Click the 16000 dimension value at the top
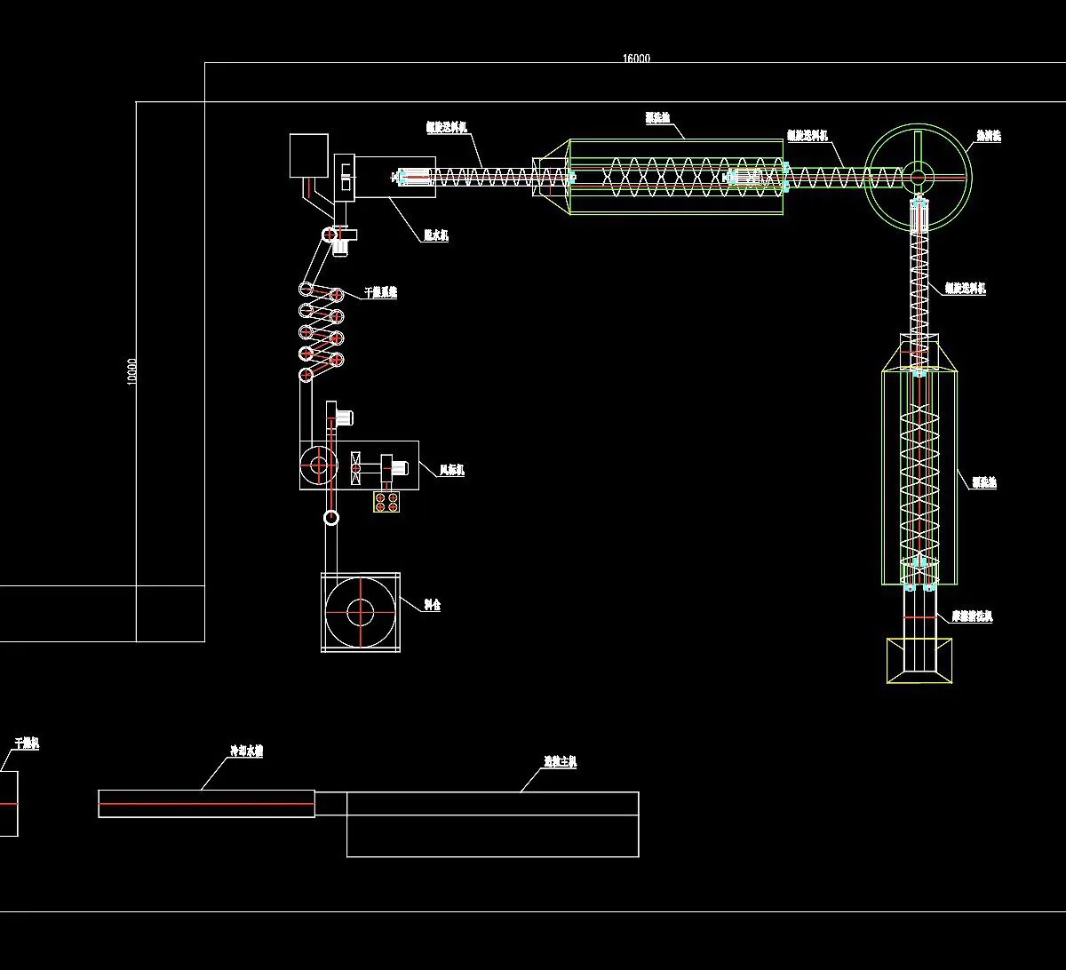click(636, 59)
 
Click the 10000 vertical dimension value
click(132, 371)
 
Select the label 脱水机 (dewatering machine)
click(435, 235)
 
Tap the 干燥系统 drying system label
click(381, 292)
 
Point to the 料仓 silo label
click(432, 605)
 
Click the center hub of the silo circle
click(360, 612)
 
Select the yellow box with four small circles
click(386, 502)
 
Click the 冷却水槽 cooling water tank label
click(246, 751)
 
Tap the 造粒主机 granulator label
click(561, 761)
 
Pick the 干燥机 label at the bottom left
click(27, 743)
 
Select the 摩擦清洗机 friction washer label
click(972, 616)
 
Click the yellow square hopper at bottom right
click(919, 661)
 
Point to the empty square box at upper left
click(309, 155)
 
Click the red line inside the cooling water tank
click(206, 804)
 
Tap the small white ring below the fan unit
click(330, 518)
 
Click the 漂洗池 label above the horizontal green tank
click(657, 116)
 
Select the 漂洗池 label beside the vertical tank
click(983, 482)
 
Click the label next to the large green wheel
click(988, 136)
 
